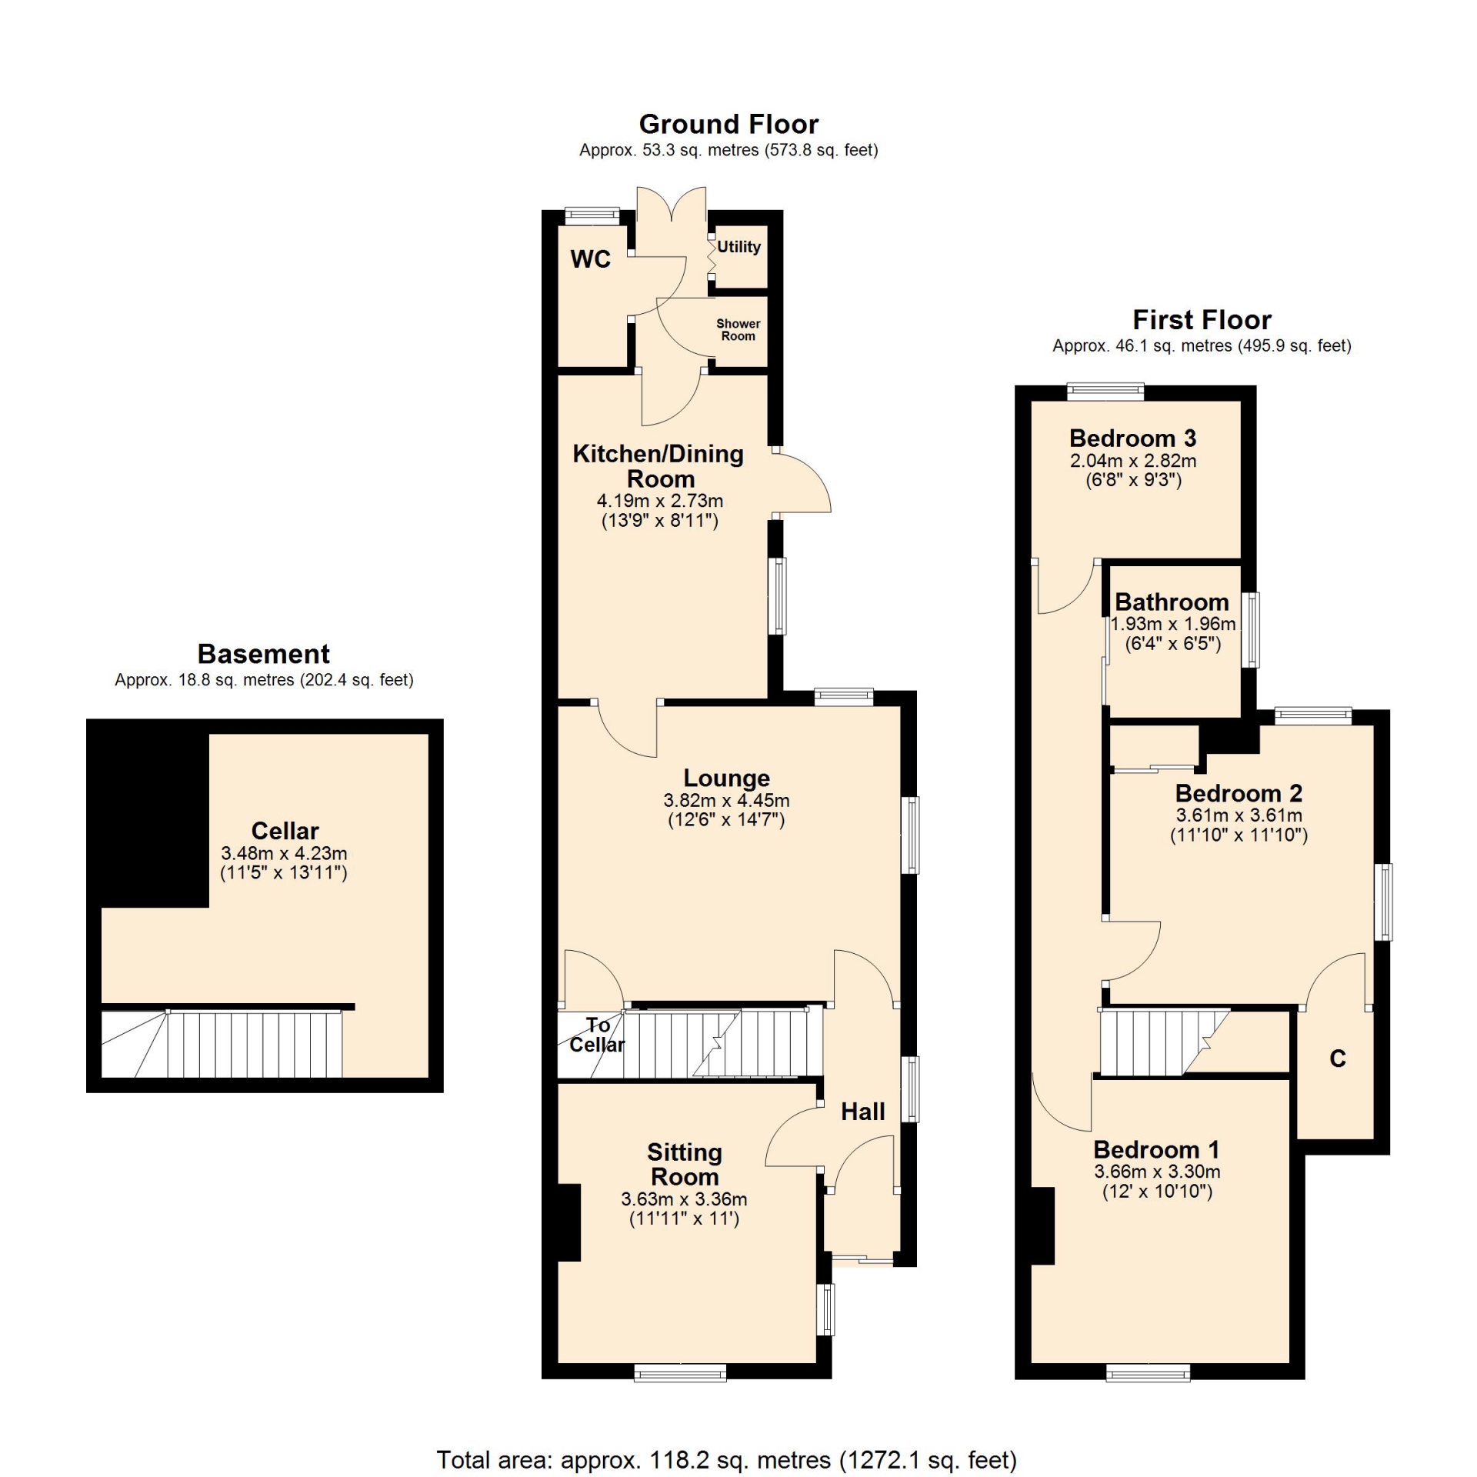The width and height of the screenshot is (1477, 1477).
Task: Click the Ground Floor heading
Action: coord(728,124)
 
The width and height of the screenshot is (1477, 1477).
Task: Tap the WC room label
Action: coord(591,259)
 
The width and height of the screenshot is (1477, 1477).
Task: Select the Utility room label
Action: coord(738,247)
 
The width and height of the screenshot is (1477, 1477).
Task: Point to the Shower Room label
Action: coord(738,330)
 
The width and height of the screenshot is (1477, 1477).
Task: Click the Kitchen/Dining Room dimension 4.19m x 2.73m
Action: coord(660,501)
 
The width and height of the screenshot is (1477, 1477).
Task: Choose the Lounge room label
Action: coord(727,779)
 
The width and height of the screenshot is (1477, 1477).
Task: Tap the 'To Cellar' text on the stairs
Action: coord(597,1035)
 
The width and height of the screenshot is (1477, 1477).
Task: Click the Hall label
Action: coord(863,1112)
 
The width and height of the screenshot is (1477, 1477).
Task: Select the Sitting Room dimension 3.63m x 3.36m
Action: coord(684,1199)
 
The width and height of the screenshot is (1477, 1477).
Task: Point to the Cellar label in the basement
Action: coord(285,831)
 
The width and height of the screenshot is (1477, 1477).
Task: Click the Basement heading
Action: coord(264,654)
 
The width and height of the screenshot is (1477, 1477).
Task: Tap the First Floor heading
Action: coord(1202,319)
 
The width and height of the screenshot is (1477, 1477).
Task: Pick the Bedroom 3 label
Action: coord(1133,438)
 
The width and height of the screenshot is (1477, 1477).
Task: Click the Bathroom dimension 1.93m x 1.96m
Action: coord(1173,624)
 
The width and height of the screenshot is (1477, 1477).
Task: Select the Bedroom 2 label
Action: coord(1239,793)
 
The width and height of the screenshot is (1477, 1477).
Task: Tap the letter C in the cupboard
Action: coord(1338,1059)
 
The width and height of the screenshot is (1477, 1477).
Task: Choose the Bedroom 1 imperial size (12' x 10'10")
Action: coord(1158,1192)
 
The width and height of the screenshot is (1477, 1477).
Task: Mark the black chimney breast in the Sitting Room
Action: coord(568,1222)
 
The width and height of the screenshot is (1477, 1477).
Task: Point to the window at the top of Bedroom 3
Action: coord(1105,392)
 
